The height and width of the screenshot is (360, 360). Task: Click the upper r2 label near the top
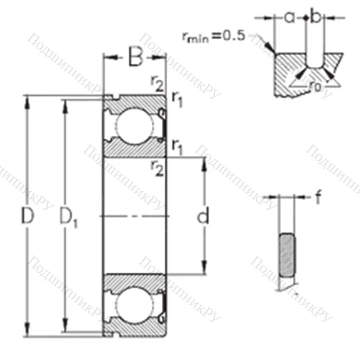click(156, 83)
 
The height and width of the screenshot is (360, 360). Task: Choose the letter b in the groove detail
click(314, 16)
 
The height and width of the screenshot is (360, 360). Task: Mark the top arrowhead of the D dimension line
click(28, 99)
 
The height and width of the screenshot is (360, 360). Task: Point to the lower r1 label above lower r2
click(176, 148)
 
